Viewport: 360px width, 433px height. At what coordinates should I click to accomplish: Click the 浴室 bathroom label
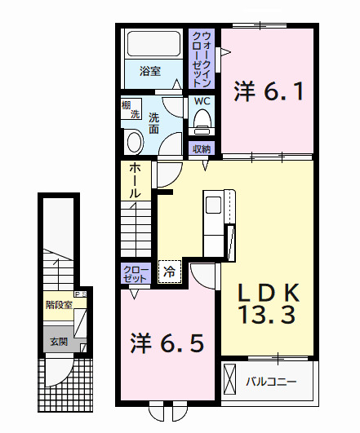click(x=149, y=71)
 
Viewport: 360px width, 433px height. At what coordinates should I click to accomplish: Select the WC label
click(x=202, y=102)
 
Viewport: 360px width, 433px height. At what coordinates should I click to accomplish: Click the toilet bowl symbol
click(x=202, y=122)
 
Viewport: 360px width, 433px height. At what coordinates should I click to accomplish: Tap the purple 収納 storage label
click(x=202, y=148)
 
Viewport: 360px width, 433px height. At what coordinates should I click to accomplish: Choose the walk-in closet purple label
click(x=202, y=59)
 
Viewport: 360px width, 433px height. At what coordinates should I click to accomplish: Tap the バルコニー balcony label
click(x=270, y=381)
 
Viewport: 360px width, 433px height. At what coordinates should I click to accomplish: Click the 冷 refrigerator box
click(x=170, y=271)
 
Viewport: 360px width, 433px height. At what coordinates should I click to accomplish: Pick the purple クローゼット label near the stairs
click(x=135, y=273)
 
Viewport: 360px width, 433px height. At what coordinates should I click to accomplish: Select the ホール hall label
click(x=135, y=180)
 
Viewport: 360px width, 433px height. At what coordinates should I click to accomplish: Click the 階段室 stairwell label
click(x=60, y=306)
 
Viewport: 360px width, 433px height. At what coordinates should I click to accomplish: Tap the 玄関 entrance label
click(x=57, y=342)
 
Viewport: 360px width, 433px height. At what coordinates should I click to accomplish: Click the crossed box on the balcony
click(x=231, y=381)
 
